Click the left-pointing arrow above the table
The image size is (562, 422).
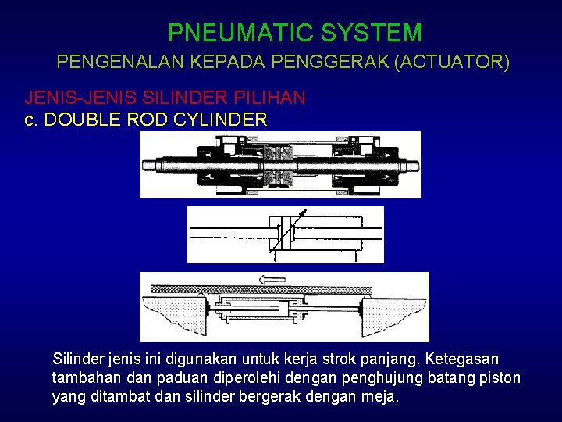click(x=274, y=279)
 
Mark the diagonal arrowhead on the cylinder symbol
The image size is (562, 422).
click(x=304, y=213)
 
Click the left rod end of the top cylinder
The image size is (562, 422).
click(x=152, y=165)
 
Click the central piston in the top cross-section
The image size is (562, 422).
click(x=280, y=165)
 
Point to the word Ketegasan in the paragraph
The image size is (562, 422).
click(x=461, y=359)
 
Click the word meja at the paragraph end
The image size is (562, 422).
click(x=382, y=396)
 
